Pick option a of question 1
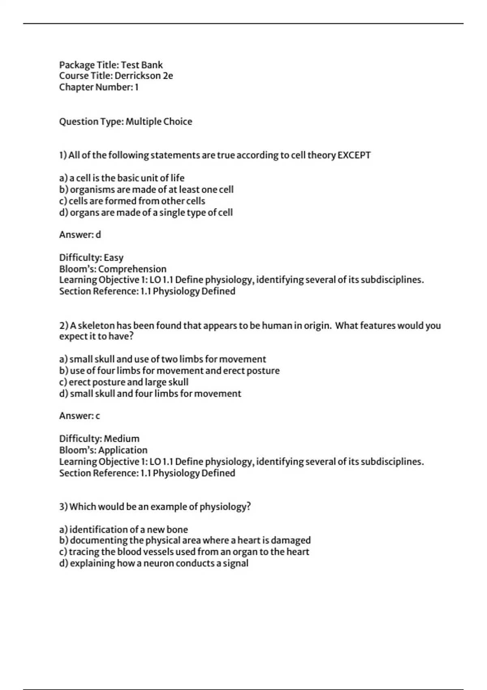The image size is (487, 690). click(122, 178)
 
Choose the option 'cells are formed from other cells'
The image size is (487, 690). click(132, 201)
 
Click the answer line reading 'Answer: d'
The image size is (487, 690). click(80, 235)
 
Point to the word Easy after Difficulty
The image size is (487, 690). click(114, 258)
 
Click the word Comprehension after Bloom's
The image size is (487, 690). click(132, 269)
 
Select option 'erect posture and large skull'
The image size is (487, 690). click(124, 382)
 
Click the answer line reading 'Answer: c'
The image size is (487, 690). click(80, 416)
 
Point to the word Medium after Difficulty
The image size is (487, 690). click(122, 439)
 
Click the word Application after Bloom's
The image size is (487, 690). click(123, 450)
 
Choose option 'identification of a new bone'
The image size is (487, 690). click(123, 529)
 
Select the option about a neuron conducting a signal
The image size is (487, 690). click(154, 563)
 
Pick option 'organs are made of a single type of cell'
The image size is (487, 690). click(146, 212)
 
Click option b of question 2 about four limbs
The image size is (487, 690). click(169, 371)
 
